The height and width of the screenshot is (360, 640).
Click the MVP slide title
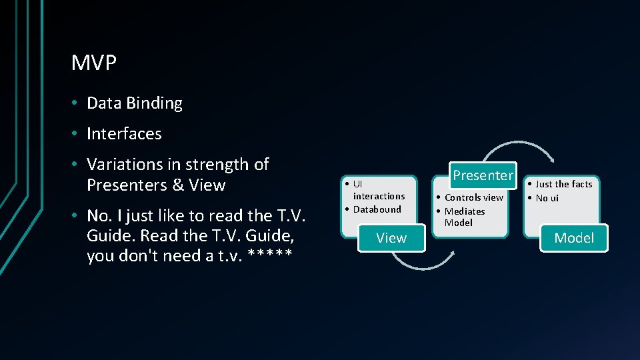click(x=94, y=64)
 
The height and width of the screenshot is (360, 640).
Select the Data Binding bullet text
click(x=134, y=103)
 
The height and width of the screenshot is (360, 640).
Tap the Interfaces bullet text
click(x=124, y=134)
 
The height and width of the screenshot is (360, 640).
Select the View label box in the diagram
click(x=391, y=238)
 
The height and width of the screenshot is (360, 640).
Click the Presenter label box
click(x=483, y=175)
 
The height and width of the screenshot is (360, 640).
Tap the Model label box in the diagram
click(x=574, y=238)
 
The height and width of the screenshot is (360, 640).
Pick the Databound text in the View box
click(x=377, y=209)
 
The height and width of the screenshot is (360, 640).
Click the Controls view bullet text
click(x=474, y=197)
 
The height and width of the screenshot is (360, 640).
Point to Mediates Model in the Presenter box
click(x=464, y=217)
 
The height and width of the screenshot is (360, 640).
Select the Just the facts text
click(x=564, y=184)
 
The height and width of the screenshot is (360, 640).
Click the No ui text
click(x=547, y=198)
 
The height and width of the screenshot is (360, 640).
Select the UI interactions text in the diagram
click(x=377, y=190)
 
